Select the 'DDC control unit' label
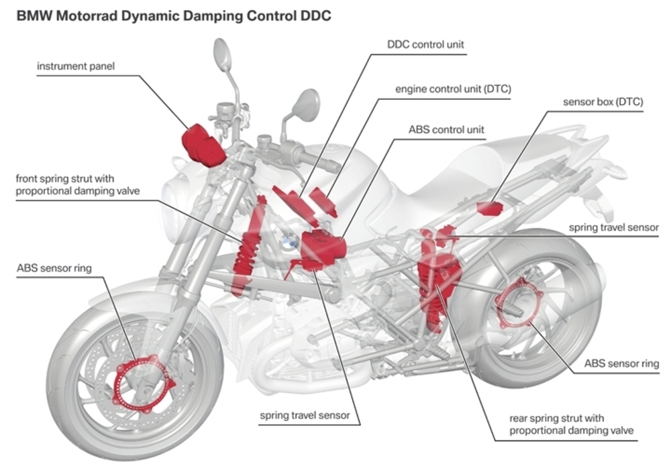(x=425, y=45)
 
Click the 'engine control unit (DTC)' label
(x=448, y=88)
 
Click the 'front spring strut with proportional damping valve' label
(x=66, y=185)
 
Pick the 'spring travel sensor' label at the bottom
(x=305, y=416)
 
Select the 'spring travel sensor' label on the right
(x=613, y=227)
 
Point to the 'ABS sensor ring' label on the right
(x=621, y=364)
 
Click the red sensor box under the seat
(x=491, y=207)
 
